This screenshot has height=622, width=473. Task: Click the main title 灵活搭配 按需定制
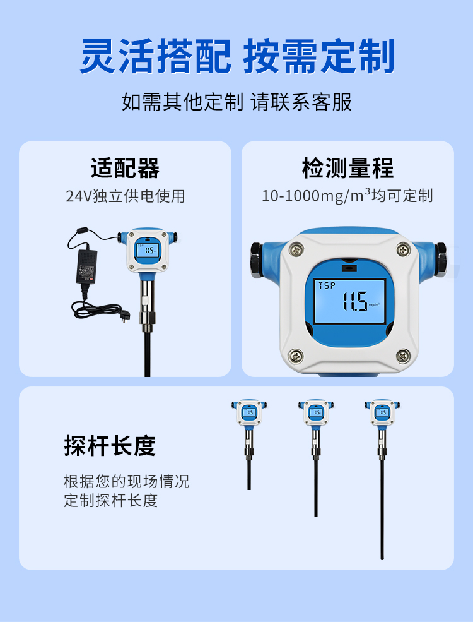coord(237,56)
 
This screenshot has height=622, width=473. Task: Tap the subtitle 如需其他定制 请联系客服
coord(237,102)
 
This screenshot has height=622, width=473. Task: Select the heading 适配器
coord(125,168)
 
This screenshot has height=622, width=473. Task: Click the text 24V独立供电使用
coord(125,196)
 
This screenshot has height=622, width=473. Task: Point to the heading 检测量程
coord(348,168)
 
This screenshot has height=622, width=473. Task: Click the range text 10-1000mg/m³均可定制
coord(347,196)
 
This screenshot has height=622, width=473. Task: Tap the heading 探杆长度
coord(110,446)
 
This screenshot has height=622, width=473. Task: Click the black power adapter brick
coord(86,266)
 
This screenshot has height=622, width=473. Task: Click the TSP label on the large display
coord(327,285)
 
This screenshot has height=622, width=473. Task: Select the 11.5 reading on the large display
coord(354,301)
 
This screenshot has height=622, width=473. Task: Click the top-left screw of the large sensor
coord(296,249)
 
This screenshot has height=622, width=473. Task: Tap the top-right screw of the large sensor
coord(403,249)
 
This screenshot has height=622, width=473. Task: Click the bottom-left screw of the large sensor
coord(296,356)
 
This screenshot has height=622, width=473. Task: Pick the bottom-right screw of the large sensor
coord(403,356)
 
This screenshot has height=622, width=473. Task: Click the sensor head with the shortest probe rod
coord(249,412)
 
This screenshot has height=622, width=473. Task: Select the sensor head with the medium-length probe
coord(316,412)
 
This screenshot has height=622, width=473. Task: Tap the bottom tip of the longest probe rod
coord(382,558)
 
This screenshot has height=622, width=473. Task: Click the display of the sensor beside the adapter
coord(148,251)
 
